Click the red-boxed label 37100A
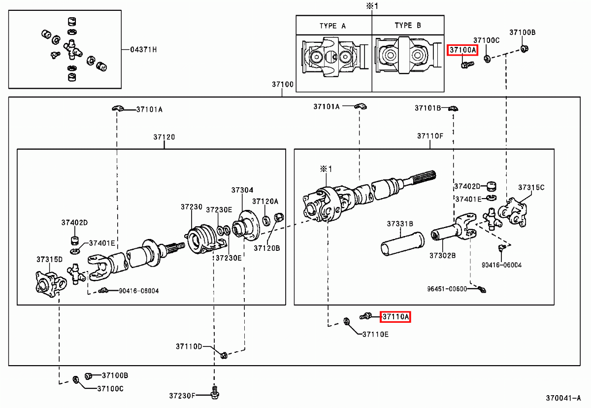coord(462,50)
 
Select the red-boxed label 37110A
coord(396,317)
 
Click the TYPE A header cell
coord(333,26)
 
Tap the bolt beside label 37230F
coord(214,392)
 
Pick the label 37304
coord(242,190)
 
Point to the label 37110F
coord(430,136)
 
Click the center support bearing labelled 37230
coord(200,240)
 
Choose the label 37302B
coord(442,256)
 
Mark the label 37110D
coord(189,347)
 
